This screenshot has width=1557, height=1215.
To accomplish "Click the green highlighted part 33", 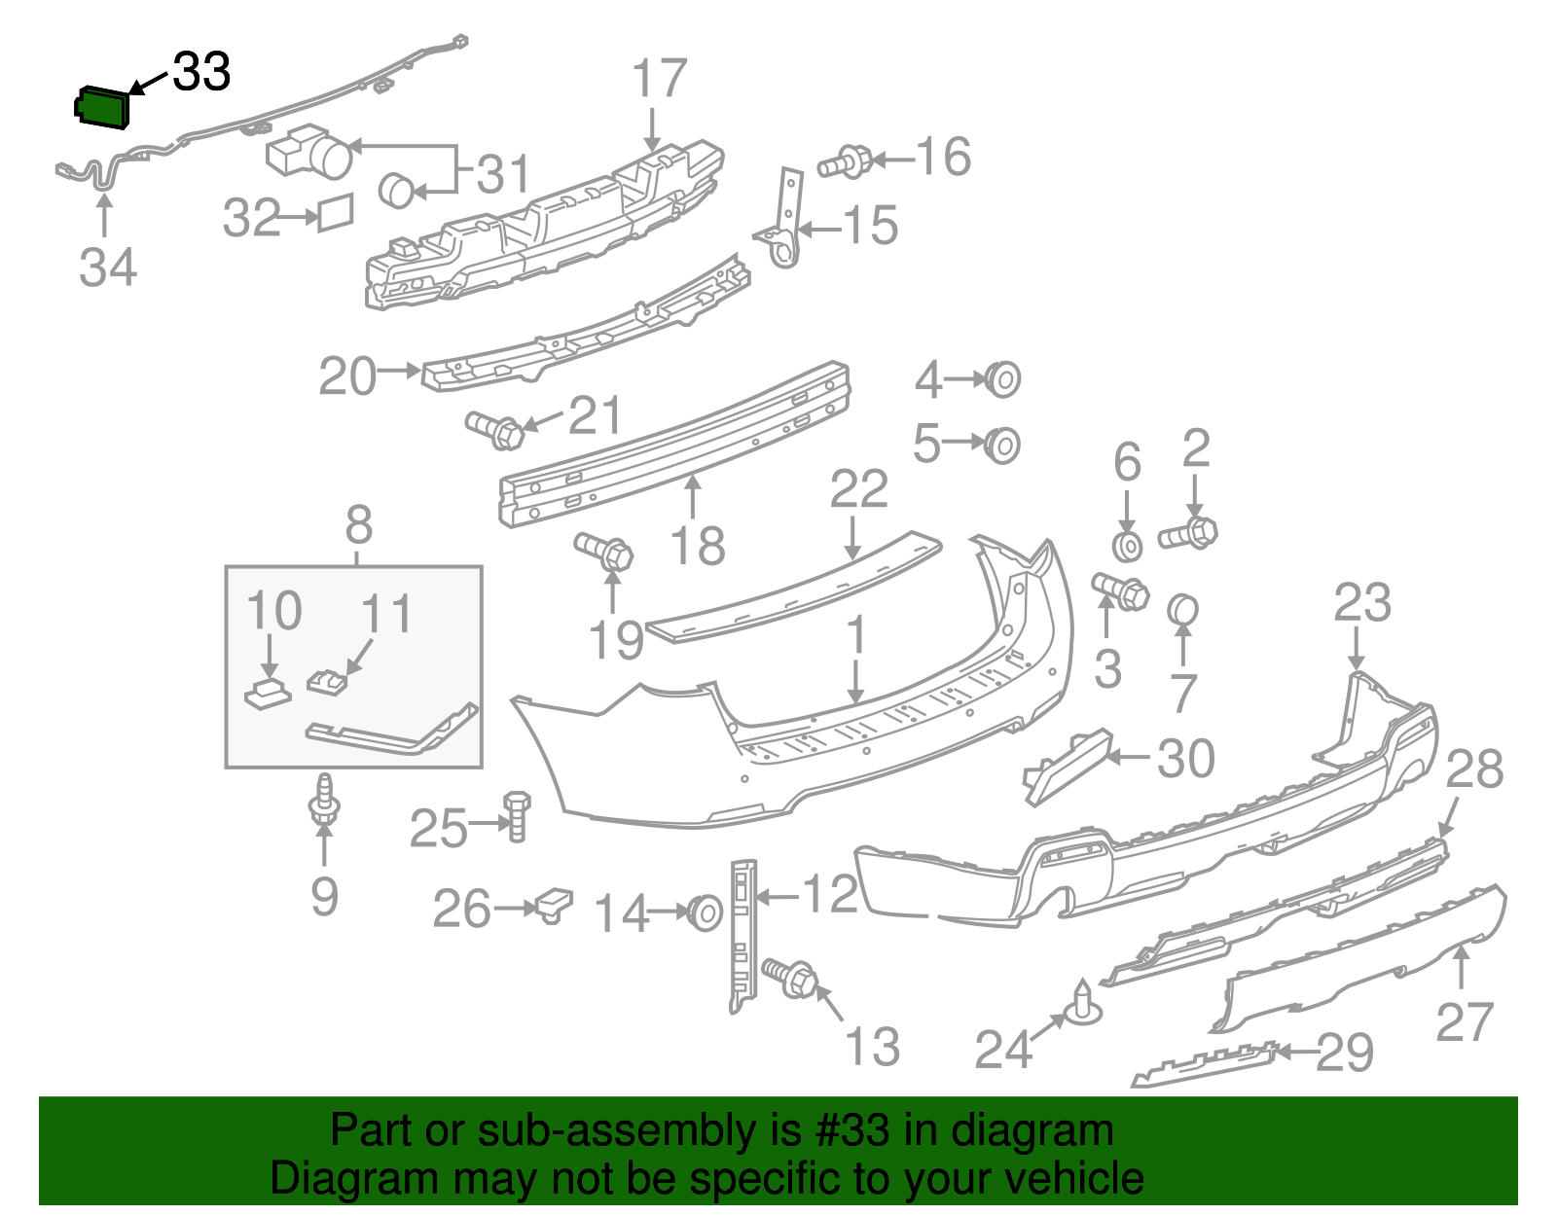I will click(x=101, y=106).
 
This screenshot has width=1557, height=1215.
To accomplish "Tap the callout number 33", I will click(x=201, y=72).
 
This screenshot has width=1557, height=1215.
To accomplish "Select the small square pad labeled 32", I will click(x=335, y=212).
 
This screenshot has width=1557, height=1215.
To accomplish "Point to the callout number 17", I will click(x=659, y=78).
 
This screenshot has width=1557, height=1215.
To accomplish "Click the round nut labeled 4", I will click(x=1003, y=379).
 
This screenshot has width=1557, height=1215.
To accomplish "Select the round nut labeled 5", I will click(x=1002, y=445).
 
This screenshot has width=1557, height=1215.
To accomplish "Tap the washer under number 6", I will click(x=1127, y=546).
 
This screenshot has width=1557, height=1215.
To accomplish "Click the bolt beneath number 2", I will click(x=1189, y=533).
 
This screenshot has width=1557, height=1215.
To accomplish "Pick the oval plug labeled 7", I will click(x=1182, y=611).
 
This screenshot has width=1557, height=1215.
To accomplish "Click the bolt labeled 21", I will click(x=496, y=429).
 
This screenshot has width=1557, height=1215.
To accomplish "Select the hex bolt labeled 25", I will click(x=517, y=815).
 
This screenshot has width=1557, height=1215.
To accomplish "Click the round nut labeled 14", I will click(x=705, y=912).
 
